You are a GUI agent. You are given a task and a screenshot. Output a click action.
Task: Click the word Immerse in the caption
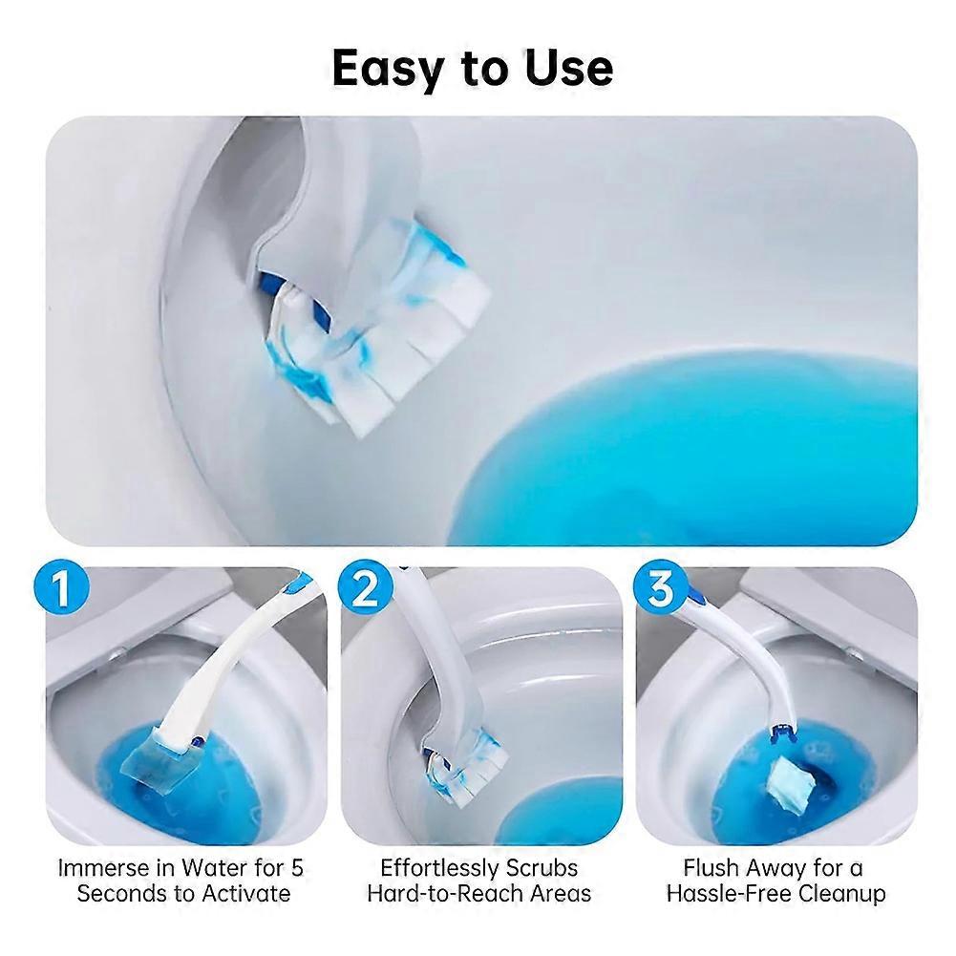point(109,867)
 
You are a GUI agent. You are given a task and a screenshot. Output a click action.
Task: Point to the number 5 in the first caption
point(297,867)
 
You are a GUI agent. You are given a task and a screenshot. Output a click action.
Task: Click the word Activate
point(245,894)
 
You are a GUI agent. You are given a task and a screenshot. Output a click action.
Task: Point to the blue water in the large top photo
point(683,451)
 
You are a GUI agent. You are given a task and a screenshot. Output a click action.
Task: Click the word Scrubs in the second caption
point(542,867)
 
